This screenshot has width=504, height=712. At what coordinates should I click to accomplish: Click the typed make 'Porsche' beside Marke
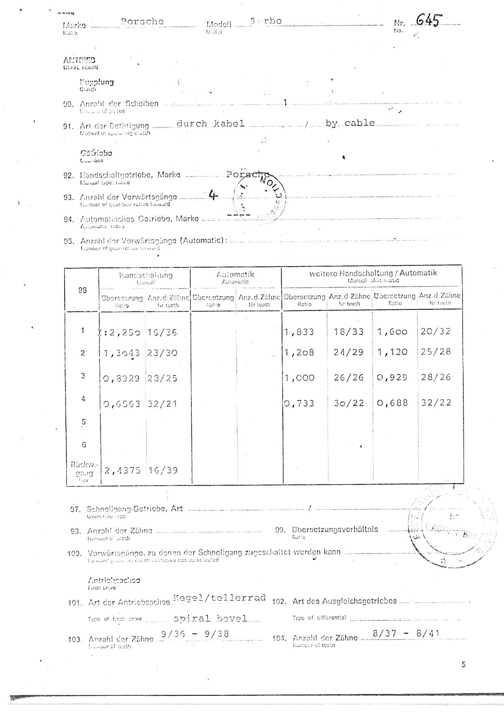click(x=142, y=22)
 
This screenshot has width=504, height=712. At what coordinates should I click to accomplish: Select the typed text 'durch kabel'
click(x=210, y=124)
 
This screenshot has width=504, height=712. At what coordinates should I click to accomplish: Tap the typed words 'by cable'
click(x=350, y=123)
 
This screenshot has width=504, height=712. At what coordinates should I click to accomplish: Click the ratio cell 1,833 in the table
click(x=300, y=332)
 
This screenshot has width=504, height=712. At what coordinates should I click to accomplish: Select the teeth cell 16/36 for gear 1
click(x=163, y=332)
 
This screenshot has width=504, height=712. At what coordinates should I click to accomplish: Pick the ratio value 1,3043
click(x=122, y=353)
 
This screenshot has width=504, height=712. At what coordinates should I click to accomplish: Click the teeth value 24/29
click(x=348, y=352)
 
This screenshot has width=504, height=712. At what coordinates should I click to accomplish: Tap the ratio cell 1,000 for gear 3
click(x=300, y=378)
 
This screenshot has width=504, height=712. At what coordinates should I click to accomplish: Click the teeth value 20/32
click(x=436, y=331)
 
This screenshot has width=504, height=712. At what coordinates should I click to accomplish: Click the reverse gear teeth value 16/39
click(x=163, y=470)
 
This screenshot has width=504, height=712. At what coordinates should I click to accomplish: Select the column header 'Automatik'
click(x=235, y=275)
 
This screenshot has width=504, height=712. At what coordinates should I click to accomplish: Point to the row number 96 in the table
click(x=82, y=290)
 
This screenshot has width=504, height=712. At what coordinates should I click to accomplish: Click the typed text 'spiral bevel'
click(x=210, y=618)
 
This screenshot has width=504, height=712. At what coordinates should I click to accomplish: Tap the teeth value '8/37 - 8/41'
click(x=406, y=633)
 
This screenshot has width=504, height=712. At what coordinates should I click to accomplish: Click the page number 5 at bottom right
click(x=463, y=665)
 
